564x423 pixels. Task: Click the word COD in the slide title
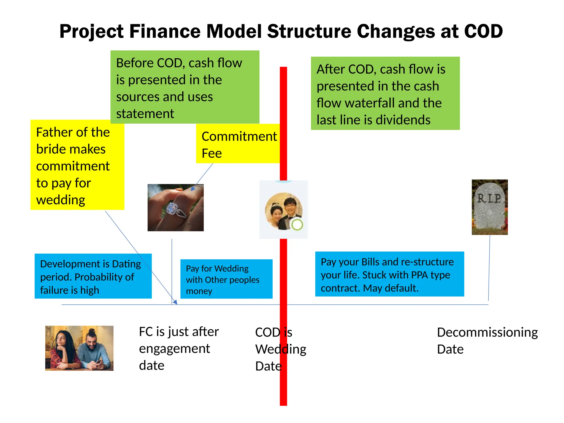coord(483,31)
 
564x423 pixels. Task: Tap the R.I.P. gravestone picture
coord(489,207)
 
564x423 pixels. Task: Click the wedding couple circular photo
coord(284,211)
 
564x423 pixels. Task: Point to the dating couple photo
coord(79,348)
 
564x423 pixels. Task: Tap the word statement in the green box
coord(145,114)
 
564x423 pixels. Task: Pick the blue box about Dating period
coord(93,276)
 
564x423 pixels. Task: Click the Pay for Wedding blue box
coord(226,279)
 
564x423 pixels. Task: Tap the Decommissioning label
coord(487,332)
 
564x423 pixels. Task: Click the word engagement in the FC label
coord(174,349)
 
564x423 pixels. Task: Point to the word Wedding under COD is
coord(281,349)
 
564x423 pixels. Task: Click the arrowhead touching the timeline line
coord(175,302)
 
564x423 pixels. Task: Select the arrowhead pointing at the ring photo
coord(193,189)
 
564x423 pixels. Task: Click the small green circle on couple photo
coord(297,224)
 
